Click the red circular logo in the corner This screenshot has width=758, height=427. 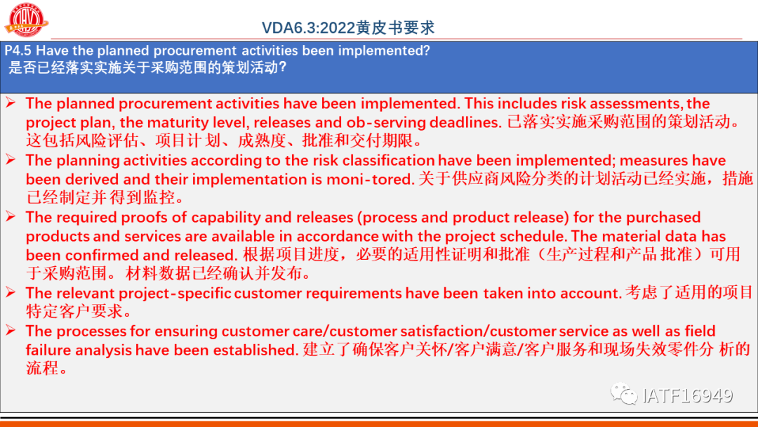27,20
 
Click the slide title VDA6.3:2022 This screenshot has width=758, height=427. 308,27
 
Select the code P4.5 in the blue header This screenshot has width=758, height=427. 18,51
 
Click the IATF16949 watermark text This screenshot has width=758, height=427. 687,395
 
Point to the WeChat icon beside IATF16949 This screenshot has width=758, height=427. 624,393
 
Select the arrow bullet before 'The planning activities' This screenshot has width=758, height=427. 11,159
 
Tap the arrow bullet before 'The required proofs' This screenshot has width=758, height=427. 11,216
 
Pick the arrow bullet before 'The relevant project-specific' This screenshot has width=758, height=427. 11,292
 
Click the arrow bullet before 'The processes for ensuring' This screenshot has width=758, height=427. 11,330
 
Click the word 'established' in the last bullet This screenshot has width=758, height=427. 255,350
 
